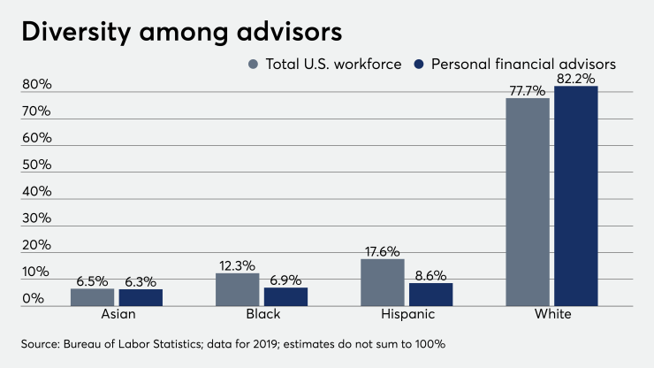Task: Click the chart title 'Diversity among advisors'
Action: [180, 32]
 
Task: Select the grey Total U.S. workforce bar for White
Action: [528, 202]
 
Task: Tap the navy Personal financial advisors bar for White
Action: [576, 195]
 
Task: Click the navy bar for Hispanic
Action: [430, 295]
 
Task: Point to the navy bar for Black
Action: [285, 296]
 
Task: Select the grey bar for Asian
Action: [93, 297]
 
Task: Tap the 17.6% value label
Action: [383, 250]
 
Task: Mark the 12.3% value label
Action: [238, 264]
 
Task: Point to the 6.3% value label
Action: [141, 280]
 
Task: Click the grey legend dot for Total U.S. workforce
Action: [253, 64]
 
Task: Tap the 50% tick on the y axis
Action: [38, 165]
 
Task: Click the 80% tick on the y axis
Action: [38, 85]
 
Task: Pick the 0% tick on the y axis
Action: [34, 299]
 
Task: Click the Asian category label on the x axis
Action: [117, 315]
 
